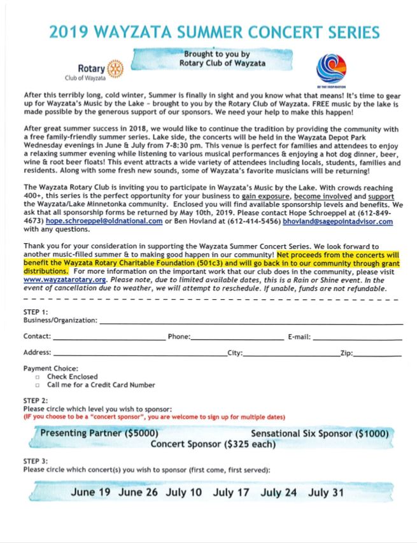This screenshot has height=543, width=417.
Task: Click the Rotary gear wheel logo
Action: click(x=115, y=68)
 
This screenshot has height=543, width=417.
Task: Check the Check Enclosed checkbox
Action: click(x=38, y=377)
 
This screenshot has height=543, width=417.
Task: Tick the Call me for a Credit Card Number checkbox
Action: click(x=38, y=385)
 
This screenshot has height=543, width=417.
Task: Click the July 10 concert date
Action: click(x=184, y=492)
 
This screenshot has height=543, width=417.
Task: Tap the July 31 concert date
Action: click(x=326, y=492)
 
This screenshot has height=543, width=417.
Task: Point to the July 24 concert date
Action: click(x=279, y=492)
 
